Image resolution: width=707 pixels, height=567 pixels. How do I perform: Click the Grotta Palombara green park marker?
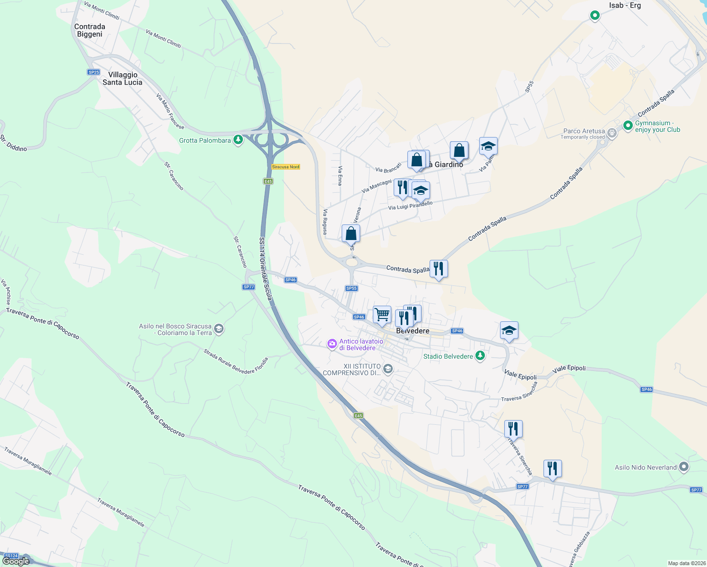pyautogui.click(x=238, y=140)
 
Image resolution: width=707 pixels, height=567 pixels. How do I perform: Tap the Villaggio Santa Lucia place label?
pyautogui.click(x=122, y=78)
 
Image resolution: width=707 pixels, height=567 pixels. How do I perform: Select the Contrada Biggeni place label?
pyautogui.click(x=90, y=30)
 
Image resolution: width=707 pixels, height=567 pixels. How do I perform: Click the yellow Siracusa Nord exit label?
pyautogui.click(x=286, y=167)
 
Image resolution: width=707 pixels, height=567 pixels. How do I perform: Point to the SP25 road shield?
pyautogui.click(x=94, y=72)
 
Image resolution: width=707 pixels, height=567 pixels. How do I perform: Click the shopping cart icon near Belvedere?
pyautogui.click(x=382, y=314)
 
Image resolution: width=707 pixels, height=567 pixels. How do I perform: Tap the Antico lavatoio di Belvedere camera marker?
pyautogui.click(x=332, y=344)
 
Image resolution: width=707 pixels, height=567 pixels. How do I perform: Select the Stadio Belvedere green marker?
pyautogui.click(x=480, y=356)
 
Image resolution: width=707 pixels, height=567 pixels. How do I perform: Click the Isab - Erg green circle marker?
pyautogui.click(x=595, y=16)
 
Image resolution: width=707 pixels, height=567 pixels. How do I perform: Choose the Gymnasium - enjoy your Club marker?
pyautogui.click(x=628, y=126)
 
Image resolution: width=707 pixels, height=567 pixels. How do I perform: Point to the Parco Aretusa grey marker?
pyautogui.click(x=612, y=133)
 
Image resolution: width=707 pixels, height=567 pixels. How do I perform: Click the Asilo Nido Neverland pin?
pyautogui.click(x=683, y=467)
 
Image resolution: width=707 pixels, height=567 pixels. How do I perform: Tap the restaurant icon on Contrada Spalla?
pyautogui.click(x=439, y=269)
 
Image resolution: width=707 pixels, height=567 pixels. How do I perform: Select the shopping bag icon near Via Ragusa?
pyautogui.click(x=351, y=233)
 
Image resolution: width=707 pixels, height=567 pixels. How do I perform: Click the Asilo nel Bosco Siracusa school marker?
pyautogui.click(x=218, y=329)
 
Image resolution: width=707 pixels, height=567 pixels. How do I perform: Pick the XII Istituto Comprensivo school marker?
pyautogui.click(x=388, y=369)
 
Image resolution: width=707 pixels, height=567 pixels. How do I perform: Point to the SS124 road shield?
pyautogui.click(x=11, y=556)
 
